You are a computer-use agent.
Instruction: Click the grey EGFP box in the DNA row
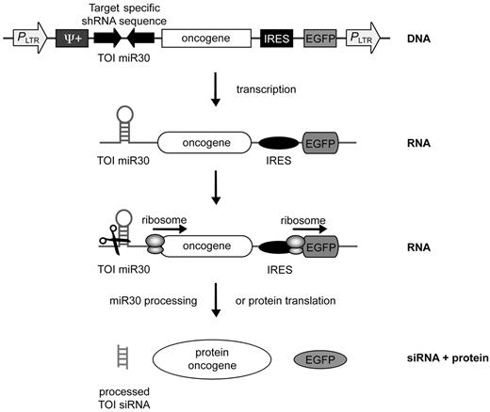tap(320, 39)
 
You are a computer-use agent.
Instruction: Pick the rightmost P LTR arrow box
tap(363, 39)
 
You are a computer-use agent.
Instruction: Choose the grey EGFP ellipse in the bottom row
tap(322, 359)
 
